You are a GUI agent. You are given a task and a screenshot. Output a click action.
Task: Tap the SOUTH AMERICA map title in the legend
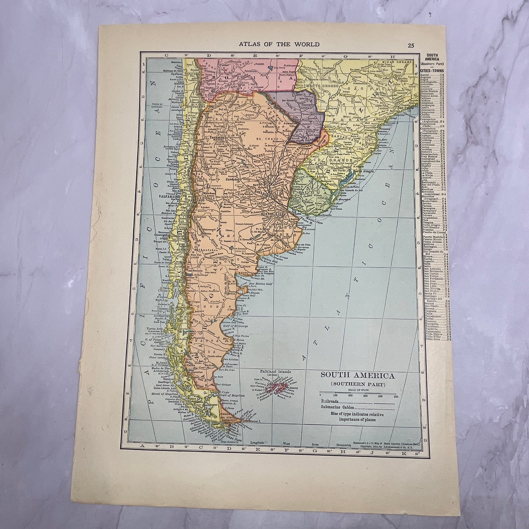coord(352,375)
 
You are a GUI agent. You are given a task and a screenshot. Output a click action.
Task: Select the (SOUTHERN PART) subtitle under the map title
coord(352,383)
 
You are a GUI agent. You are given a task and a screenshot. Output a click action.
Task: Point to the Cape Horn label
coord(232,436)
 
